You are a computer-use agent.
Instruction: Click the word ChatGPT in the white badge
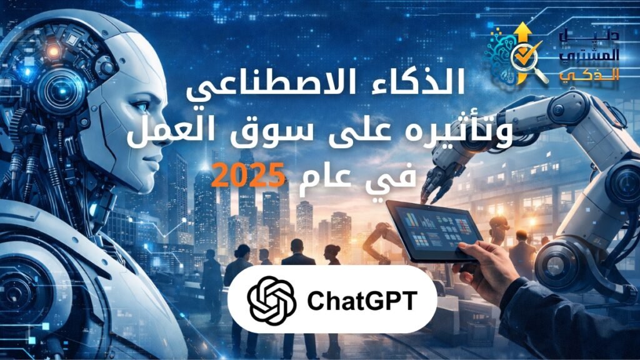tap(361, 301)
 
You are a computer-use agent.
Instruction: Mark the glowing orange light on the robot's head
tap(52, 50)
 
